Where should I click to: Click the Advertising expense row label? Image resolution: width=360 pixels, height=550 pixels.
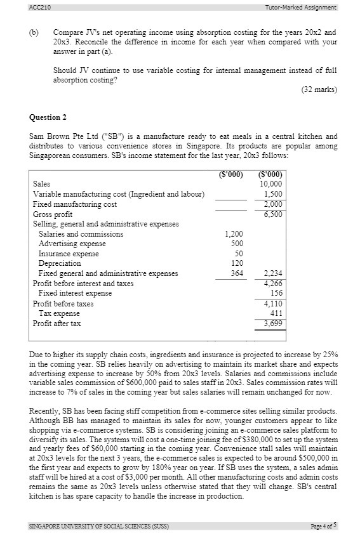point(72,244)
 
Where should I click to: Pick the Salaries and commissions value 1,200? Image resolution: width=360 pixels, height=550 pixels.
point(234,234)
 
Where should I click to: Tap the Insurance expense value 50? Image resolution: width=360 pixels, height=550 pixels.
point(239,254)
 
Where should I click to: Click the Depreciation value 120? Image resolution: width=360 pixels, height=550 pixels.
point(237,263)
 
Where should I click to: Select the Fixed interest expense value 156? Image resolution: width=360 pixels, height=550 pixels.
point(276,293)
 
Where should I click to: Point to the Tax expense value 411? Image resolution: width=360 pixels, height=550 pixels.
point(276,313)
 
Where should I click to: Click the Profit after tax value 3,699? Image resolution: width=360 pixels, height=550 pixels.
point(273,324)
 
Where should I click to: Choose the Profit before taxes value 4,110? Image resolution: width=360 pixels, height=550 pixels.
point(273,304)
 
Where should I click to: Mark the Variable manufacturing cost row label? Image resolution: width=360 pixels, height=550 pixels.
point(118,194)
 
